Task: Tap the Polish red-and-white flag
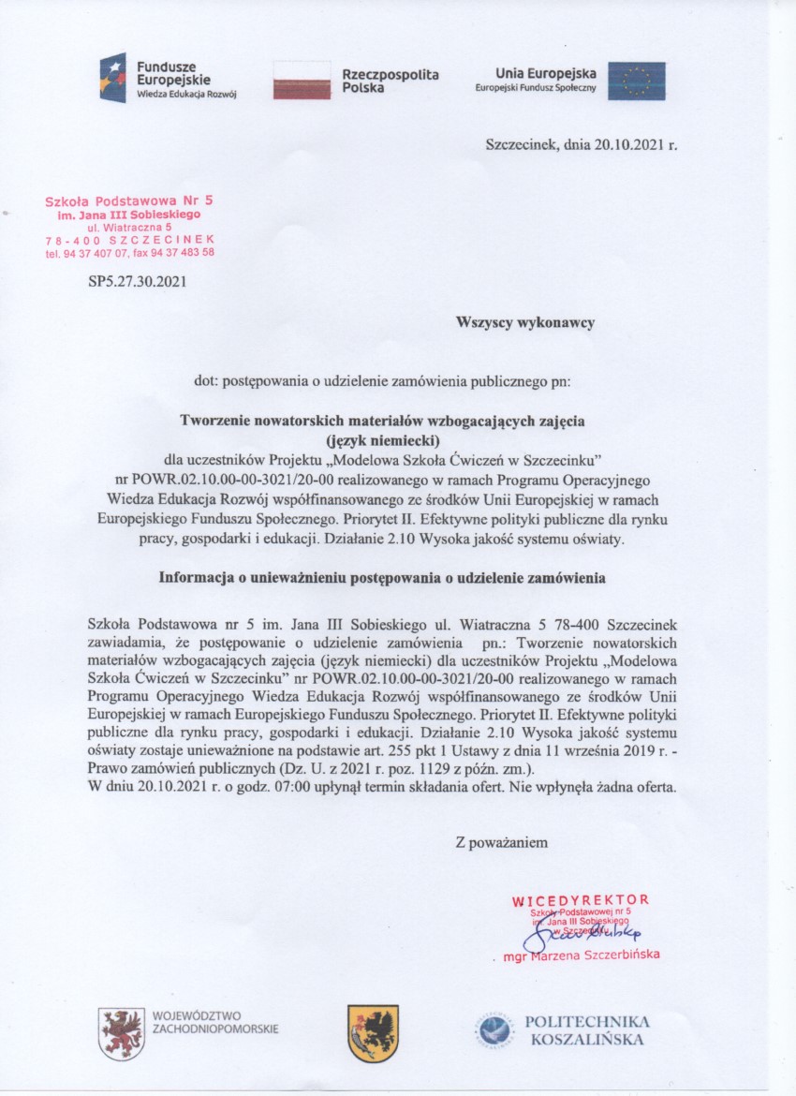[302, 81]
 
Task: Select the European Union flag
[637, 81]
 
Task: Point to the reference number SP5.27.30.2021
[138, 278]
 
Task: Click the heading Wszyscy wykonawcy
[525, 323]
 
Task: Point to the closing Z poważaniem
[501, 842]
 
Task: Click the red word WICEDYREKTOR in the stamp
[581, 900]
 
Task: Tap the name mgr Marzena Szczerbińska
[582, 955]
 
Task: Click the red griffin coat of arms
[121, 1033]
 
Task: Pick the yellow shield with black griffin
[373, 1033]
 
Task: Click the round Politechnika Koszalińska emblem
[494, 1032]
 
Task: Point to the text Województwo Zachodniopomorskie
[214, 1022]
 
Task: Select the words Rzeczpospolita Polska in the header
[391, 81]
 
